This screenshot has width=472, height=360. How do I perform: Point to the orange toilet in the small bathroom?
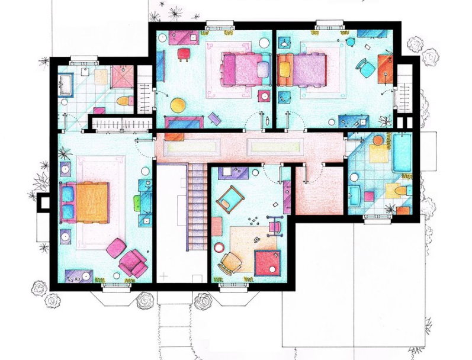[123, 101]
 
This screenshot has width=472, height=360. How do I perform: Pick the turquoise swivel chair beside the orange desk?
[365, 69]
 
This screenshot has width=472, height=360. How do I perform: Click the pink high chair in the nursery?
[275, 225]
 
